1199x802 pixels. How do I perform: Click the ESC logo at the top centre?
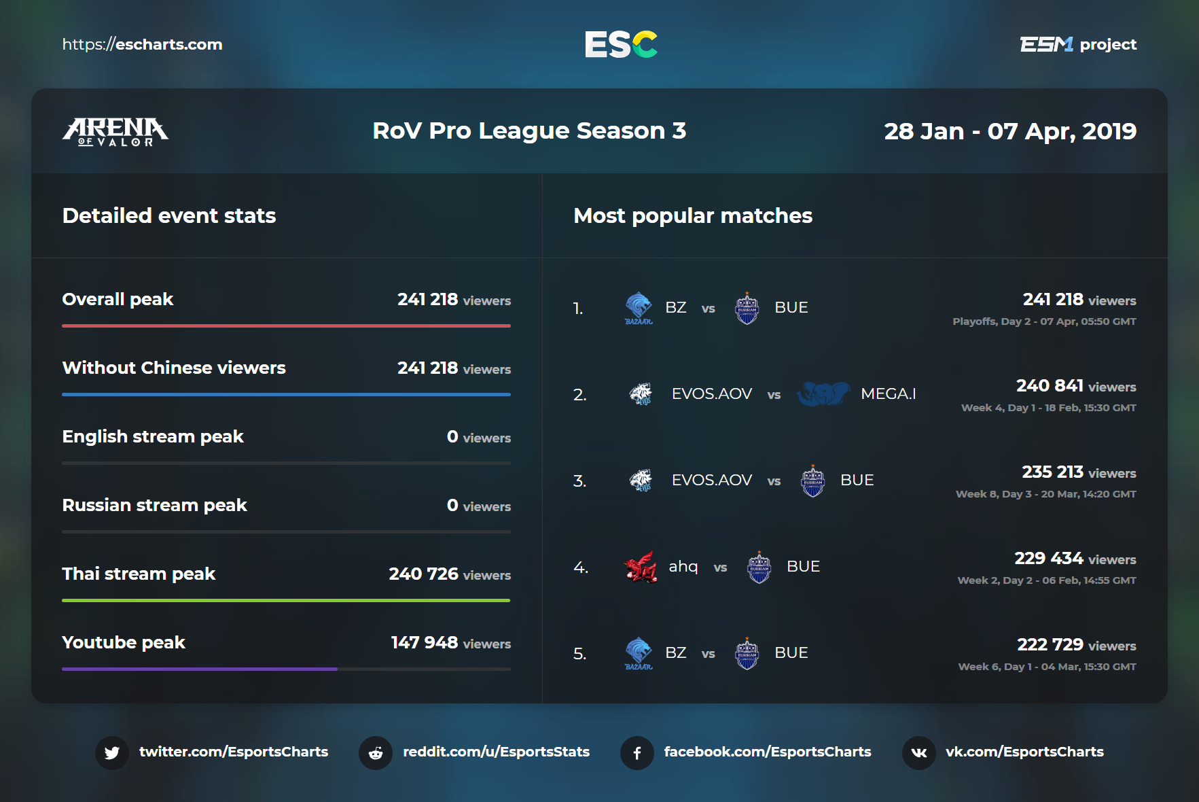(x=621, y=44)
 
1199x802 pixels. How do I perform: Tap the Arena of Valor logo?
(x=115, y=131)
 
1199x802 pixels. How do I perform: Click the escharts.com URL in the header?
(x=143, y=45)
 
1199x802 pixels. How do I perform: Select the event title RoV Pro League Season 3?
(x=529, y=130)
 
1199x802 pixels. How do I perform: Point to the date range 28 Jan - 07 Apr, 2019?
(x=1009, y=131)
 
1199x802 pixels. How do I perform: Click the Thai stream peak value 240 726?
(x=424, y=574)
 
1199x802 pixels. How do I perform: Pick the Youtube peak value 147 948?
(x=425, y=642)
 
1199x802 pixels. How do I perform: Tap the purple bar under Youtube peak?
(x=200, y=669)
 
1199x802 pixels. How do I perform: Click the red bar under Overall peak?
(x=286, y=326)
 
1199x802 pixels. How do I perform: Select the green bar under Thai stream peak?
(x=286, y=600)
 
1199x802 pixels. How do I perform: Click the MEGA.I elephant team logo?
(x=823, y=394)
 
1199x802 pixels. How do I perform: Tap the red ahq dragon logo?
(x=640, y=567)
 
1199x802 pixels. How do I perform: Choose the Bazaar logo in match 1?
(x=639, y=308)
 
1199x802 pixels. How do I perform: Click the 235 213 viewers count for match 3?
(x=1052, y=472)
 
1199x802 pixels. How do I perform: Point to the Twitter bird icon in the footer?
(x=112, y=752)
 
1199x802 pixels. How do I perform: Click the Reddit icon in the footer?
(x=376, y=752)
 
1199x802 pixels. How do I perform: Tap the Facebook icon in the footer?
(x=637, y=752)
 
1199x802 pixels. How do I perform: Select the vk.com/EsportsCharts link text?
(x=1024, y=752)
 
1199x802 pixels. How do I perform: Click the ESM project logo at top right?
(x=1077, y=45)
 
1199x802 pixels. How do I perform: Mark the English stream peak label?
(x=153, y=436)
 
